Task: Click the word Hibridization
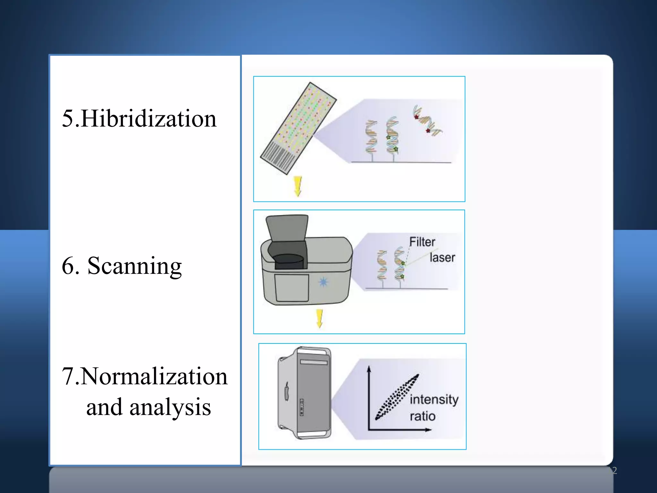[149, 119]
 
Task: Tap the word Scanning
[134, 266]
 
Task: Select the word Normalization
[154, 376]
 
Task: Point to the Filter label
[422, 242]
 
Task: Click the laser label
[442, 258]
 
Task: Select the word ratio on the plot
[422, 417]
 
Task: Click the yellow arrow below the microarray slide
[298, 186]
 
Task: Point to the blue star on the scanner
[323, 282]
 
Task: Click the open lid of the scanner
[287, 228]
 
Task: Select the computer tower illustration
[304, 393]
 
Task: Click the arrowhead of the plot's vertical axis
[369, 369]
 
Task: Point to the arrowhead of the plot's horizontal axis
[428, 429]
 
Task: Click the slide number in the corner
[614, 471]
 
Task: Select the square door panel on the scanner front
[292, 288]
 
